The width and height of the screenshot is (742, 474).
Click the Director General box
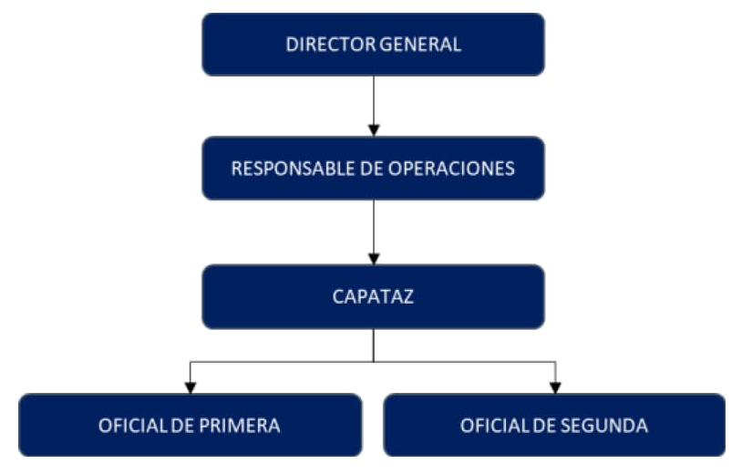373,44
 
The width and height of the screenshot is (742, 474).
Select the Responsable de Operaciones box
373,168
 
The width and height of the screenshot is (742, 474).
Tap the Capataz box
373,296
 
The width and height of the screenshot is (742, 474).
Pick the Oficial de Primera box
190,425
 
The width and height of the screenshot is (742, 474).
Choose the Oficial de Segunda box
554,425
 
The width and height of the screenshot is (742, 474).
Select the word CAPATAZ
373,296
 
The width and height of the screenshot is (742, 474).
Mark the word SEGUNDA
608,426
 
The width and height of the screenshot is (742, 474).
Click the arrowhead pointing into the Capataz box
373,259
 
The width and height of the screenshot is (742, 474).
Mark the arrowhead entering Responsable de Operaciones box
373,130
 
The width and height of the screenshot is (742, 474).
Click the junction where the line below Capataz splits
373,362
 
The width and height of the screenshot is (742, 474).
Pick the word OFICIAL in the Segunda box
490,426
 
